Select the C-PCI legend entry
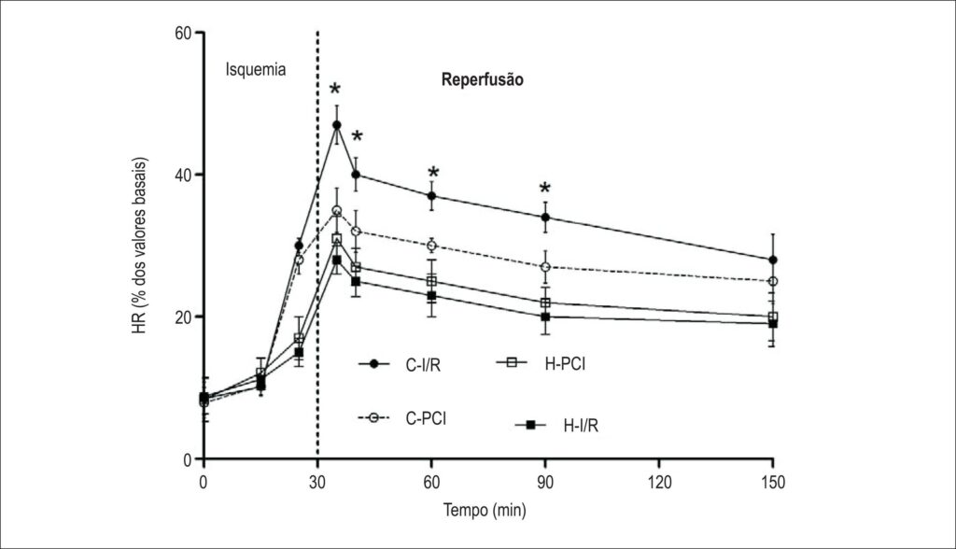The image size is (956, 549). click(401, 418)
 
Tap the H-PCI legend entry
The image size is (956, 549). click(541, 363)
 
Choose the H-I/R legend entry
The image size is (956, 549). click(556, 425)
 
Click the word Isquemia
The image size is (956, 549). click(256, 69)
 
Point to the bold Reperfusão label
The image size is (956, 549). click(483, 80)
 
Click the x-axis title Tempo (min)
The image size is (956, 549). click(485, 510)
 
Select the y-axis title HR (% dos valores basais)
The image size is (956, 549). click(140, 246)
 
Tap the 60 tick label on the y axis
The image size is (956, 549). click(184, 33)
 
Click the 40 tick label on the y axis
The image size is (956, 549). click(184, 176)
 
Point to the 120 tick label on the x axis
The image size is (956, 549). click(659, 483)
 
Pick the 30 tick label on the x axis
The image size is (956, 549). click(317, 483)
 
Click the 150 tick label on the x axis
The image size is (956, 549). click(773, 483)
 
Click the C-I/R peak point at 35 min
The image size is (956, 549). click(336, 125)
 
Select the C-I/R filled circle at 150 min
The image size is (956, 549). click(773, 260)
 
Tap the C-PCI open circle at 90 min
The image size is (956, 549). click(545, 267)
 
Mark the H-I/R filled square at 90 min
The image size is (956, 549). click(545, 317)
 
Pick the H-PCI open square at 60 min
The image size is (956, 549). click(431, 281)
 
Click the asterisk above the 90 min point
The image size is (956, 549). click(545, 188)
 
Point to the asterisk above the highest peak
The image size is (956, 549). click(335, 89)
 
